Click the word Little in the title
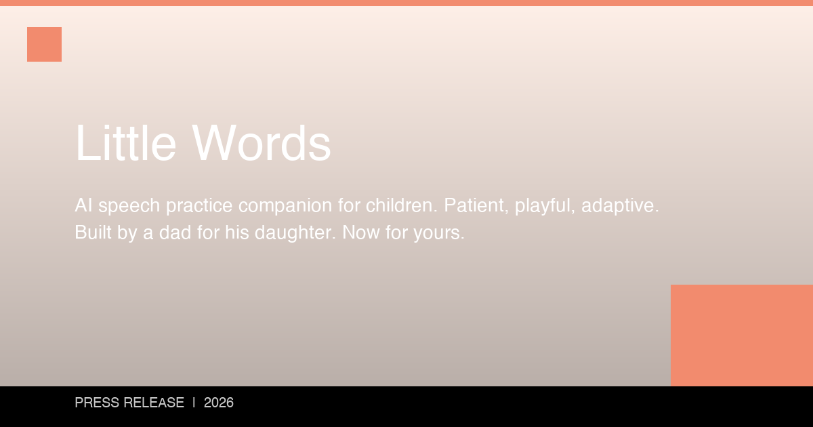126,143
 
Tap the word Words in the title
262,143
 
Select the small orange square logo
44,44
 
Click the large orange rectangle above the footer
741,335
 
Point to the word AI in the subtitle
83,205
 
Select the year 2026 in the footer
219,403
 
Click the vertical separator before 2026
194,403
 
